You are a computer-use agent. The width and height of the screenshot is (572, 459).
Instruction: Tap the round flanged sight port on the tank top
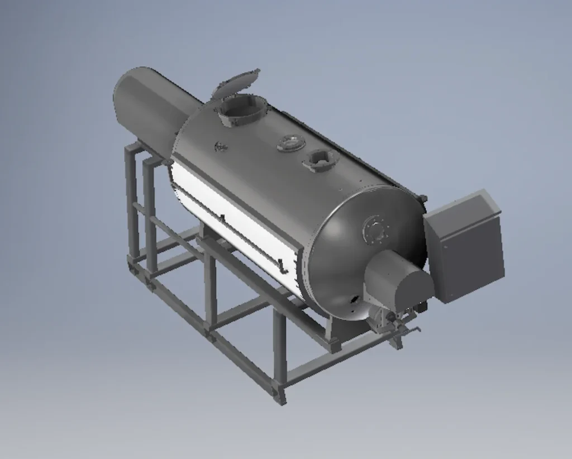tap(291, 142)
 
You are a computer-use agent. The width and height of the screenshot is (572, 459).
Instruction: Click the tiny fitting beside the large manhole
tap(221, 146)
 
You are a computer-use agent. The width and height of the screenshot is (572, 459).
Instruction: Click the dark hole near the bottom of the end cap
tap(352, 299)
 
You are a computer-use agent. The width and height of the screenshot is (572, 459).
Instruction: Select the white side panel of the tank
tap(235, 223)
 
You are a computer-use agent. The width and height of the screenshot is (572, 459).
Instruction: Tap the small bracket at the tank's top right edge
tap(423, 198)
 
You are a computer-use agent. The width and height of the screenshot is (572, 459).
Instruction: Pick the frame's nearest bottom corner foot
tap(279, 398)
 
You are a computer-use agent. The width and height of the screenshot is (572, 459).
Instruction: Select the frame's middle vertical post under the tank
tap(211, 290)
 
